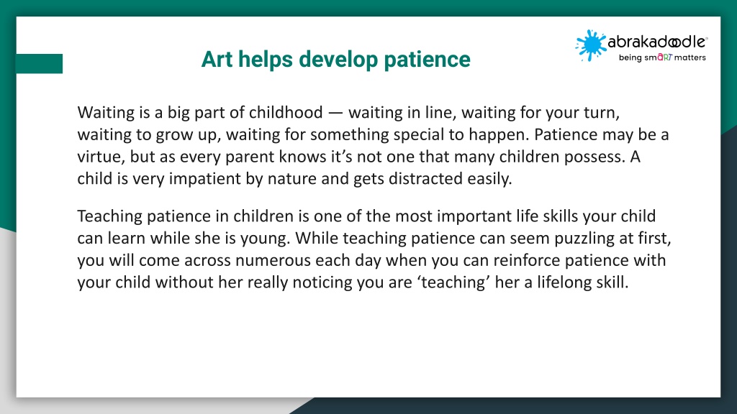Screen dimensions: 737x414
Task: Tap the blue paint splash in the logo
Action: tap(590, 45)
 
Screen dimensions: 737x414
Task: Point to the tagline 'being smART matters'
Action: tap(662, 57)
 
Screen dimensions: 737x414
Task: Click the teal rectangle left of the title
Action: tap(39, 63)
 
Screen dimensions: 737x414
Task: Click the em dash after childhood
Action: tap(335, 113)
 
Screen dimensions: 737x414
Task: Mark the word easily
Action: tap(489, 179)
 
